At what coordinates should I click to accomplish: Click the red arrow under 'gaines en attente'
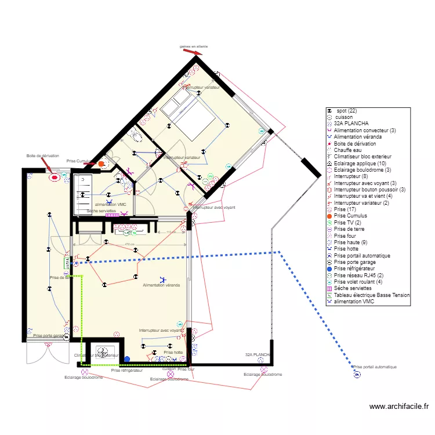point(193,52)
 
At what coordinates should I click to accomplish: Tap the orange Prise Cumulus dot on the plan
point(101,164)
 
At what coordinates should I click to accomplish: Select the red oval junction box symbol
point(55,177)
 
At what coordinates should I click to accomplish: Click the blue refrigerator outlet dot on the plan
point(127,360)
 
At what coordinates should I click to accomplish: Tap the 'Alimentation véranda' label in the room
point(161,285)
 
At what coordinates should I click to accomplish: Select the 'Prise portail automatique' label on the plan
point(375,367)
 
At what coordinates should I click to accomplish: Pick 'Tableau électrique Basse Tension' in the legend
point(372,295)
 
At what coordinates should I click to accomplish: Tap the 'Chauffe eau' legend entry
point(347,150)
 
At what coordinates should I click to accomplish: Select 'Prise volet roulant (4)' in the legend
point(358,282)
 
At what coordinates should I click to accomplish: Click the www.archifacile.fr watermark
point(399,407)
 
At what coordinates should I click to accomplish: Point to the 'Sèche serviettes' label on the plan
point(101,211)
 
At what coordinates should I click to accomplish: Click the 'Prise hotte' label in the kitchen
point(173,352)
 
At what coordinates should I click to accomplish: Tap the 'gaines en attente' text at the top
point(194,46)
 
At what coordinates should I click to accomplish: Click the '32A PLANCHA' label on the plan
point(258,354)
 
